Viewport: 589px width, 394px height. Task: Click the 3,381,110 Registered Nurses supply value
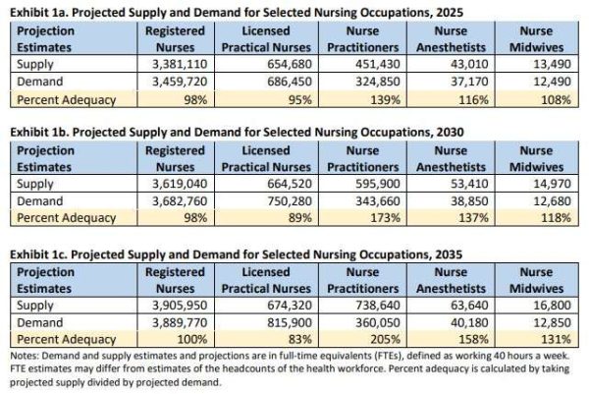tap(180, 64)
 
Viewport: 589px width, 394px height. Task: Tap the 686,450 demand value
tap(290, 82)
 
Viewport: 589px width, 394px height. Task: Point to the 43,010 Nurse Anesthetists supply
tap(469, 64)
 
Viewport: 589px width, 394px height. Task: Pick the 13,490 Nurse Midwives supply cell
tap(552, 64)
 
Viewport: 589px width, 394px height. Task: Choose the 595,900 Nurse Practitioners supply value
tap(378, 184)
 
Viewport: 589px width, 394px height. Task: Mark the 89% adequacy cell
tap(300, 218)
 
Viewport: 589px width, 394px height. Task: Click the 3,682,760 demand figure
tap(180, 201)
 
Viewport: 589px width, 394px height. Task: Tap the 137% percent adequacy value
tap(474, 218)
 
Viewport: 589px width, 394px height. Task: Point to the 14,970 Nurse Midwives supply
tap(552, 184)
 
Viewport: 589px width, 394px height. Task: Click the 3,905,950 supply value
tap(180, 305)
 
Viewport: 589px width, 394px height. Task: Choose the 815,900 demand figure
tap(290, 322)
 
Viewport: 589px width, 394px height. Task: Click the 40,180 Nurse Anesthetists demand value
tap(469, 322)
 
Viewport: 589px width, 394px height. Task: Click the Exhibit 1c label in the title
tap(38, 254)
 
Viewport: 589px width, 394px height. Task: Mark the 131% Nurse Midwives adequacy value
tap(556, 340)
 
